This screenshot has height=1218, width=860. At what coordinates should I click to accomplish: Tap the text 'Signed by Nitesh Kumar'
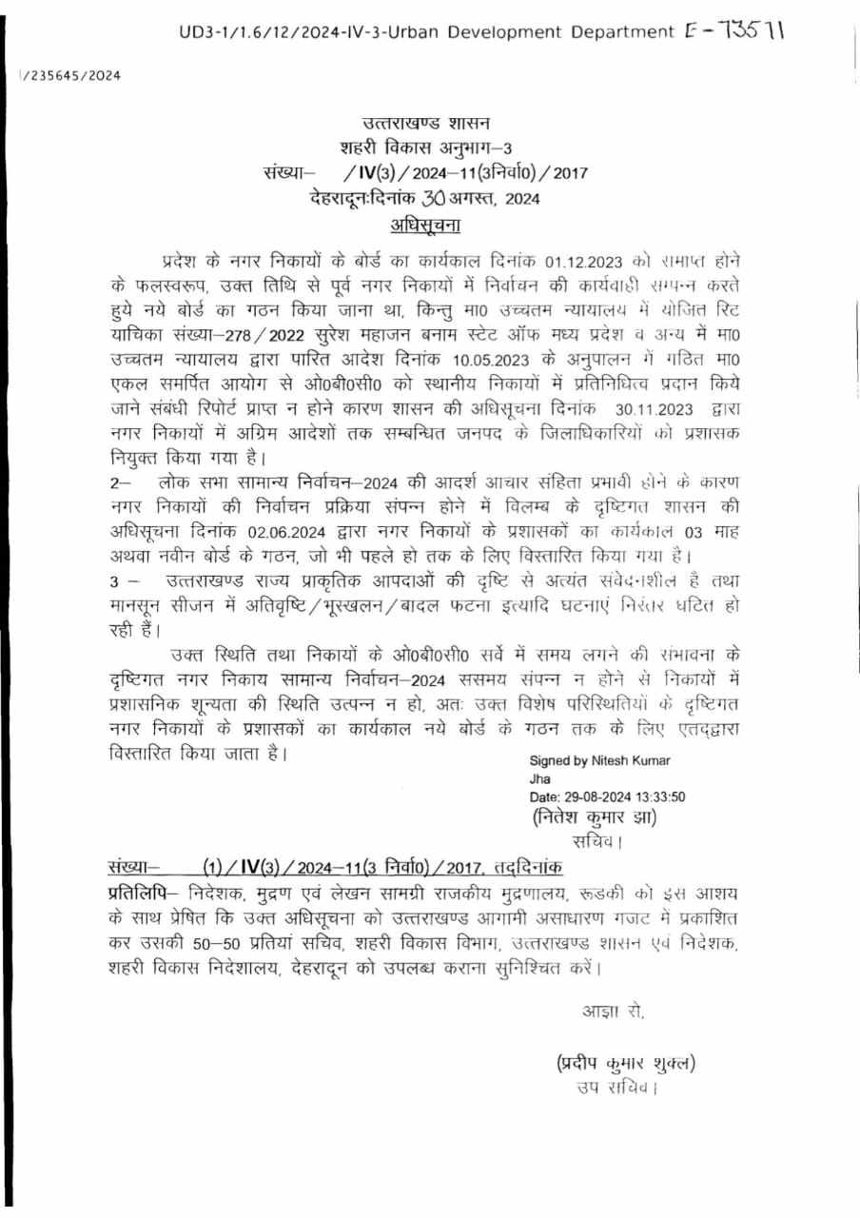[599, 760]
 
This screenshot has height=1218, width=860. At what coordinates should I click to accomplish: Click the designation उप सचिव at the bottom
[616, 1087]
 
